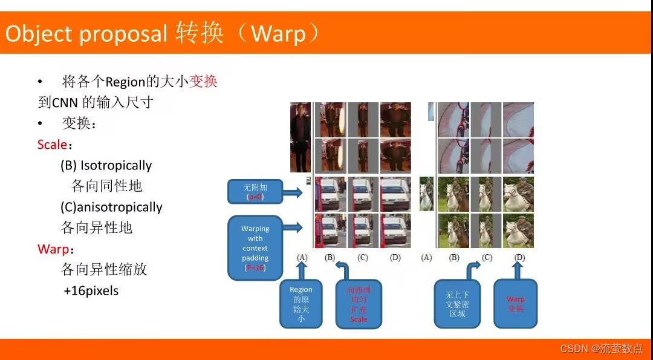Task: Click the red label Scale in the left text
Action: click(x=51, y=145)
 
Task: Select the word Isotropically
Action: click(x=116, y=165)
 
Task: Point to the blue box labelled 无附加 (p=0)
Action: click(x=255, y=192)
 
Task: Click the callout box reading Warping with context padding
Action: click(x=255, y=247)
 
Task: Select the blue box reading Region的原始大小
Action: click(x=301, y=304)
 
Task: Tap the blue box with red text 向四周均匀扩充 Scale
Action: click(x=359, y=304)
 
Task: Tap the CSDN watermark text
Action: click(x=602, y=349)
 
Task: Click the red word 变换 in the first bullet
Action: click(x=203, y=81)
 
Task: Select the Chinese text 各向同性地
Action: click(x=106, y=186)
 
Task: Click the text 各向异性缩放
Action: click(x=104, y=269)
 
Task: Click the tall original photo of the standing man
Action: click(x=301, y=137)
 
